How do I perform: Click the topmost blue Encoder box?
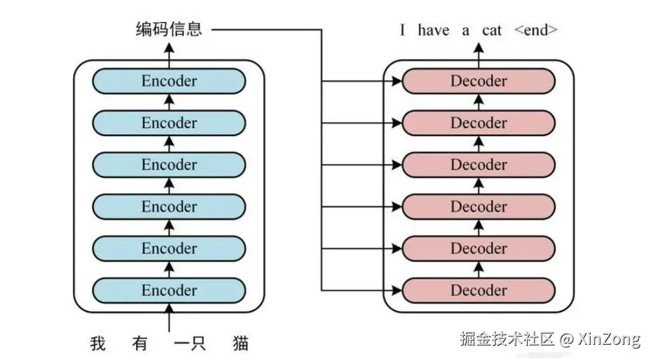coord(169,81)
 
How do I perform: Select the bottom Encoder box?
coord(169,291)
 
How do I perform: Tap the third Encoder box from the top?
coord(169,165)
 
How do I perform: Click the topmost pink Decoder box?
coord(478,81)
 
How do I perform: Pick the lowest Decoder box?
coord(478,291)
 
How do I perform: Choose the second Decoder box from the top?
coord(478,123)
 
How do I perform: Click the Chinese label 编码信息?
coord(169,29)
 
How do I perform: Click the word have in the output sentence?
coord(433,30)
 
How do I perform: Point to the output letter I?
coord(403,30)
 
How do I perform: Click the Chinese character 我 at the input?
coord(98,344)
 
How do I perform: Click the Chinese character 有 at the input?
coord(140,344)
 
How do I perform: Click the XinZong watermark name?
coord(609,339)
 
